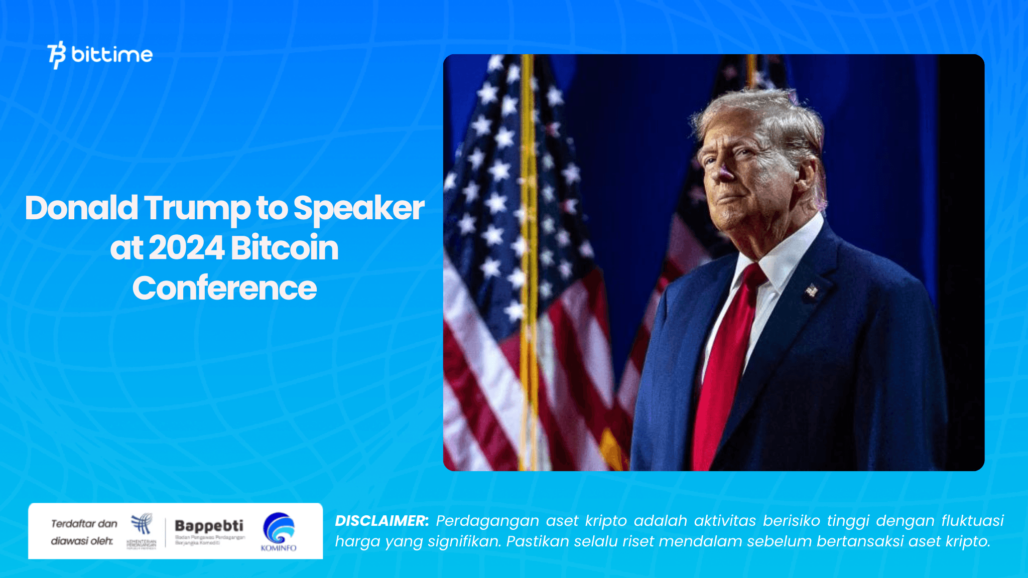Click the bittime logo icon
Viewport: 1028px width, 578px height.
[x=57, y=55]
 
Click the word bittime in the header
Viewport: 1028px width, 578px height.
[x=112, y=54]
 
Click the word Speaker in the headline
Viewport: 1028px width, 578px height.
[x=358, y=208]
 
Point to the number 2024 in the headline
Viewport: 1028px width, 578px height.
[x=186, y=248]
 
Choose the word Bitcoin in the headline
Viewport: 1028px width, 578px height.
[x=285, y=248]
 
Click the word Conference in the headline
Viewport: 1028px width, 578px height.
[x=224, y=288]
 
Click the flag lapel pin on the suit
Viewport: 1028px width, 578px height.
[x=811, y=290]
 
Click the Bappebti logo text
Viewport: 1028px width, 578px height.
[x=209, y=526]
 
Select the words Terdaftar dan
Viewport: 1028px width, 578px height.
[x=84, y=524]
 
